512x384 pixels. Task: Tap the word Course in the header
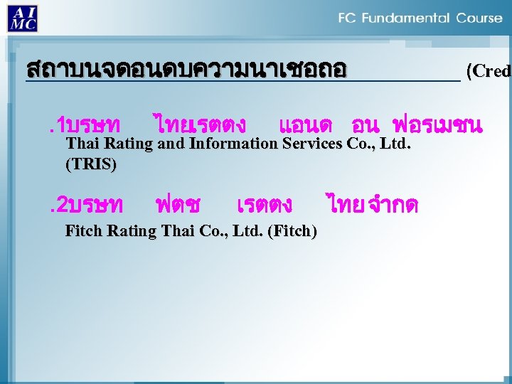(479, 18)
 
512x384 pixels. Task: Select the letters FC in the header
(348, 18)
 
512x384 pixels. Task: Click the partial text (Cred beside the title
(488, 71)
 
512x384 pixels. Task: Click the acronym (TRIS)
(90, 164)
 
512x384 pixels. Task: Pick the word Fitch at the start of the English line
(83, 230)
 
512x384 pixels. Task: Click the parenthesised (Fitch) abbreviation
(293, 230)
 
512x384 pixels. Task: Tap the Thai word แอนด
(306, 126)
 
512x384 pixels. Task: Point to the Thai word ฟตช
(178, 205)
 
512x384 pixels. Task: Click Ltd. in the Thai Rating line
(397, 144)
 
